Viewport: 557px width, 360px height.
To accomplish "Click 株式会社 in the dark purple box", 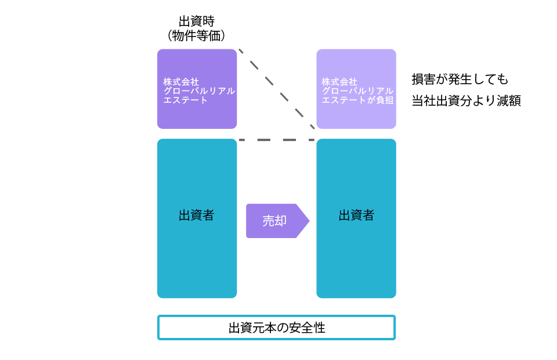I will pos(181,82).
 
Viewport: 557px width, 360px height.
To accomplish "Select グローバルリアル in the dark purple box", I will pos(199,91).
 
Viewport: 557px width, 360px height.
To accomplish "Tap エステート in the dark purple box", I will pos(186,100).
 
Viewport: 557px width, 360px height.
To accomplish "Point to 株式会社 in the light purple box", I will pos(339,82).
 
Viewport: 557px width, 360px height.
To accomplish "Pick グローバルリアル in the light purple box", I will pos(357,91).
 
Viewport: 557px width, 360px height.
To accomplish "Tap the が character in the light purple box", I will pos(371,100).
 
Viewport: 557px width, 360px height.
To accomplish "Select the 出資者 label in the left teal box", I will pos(197,215).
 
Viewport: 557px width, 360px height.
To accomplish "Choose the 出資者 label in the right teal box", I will pos(356,215).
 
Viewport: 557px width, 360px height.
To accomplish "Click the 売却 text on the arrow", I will pos(274,221).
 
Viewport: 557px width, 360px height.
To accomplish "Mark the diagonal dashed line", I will pos(277,89).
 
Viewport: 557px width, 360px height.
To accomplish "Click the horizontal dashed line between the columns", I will pos(277,139).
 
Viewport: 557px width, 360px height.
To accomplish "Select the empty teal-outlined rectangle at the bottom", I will pos(277,327).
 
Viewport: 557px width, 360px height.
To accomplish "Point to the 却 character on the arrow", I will pos(281,221).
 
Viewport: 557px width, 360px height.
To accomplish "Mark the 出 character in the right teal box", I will pos(345,215).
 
